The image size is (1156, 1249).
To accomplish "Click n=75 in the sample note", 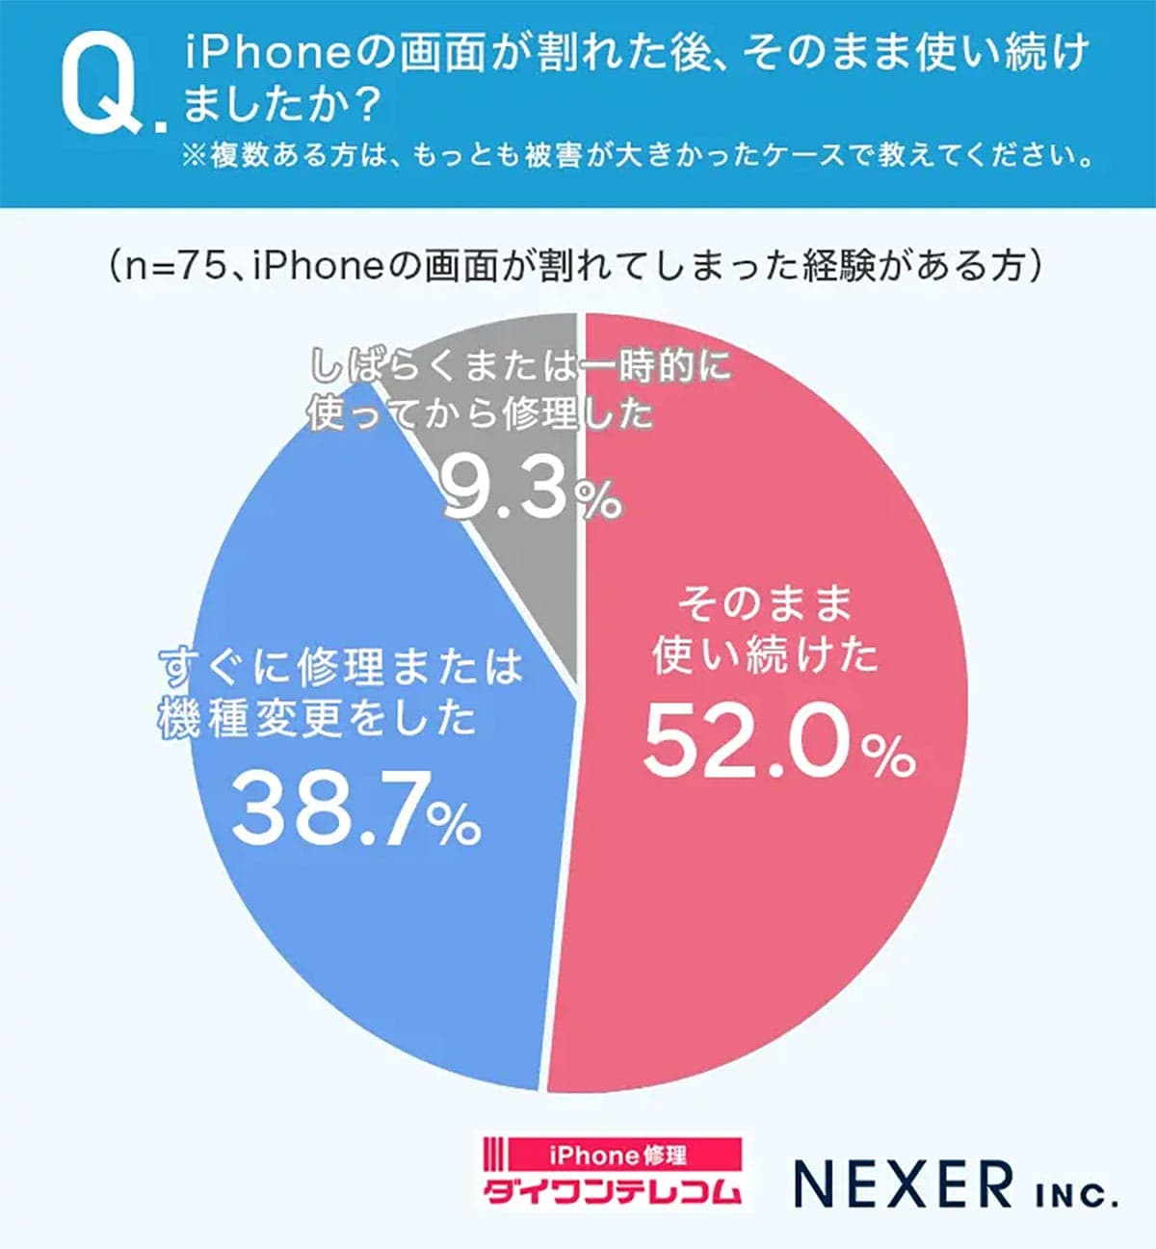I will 173,266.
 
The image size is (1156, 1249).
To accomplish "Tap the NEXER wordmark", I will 904,1184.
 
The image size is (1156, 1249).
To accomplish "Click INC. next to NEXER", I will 1077,1196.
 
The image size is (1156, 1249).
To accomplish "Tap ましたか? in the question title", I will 280,105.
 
